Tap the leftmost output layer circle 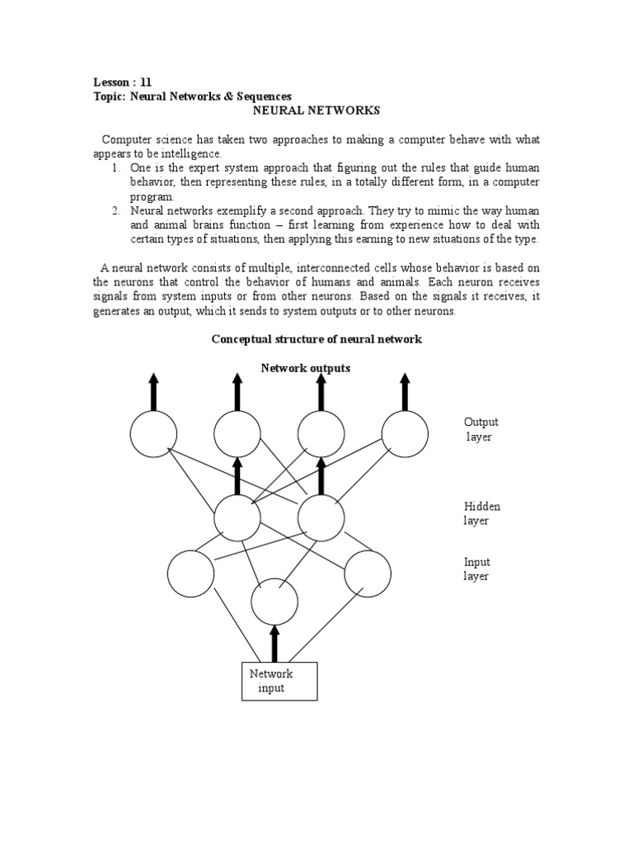153,434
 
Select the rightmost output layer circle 405,434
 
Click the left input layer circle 190,573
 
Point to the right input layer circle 368,573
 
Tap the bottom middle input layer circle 274,602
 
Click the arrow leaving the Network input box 274,643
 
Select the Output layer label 481,429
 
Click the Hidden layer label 481,513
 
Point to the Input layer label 476,569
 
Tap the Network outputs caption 306,368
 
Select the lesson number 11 146,82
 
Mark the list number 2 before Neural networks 116,211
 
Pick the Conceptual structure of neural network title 316,339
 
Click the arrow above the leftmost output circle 153,391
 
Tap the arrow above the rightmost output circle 405,391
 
